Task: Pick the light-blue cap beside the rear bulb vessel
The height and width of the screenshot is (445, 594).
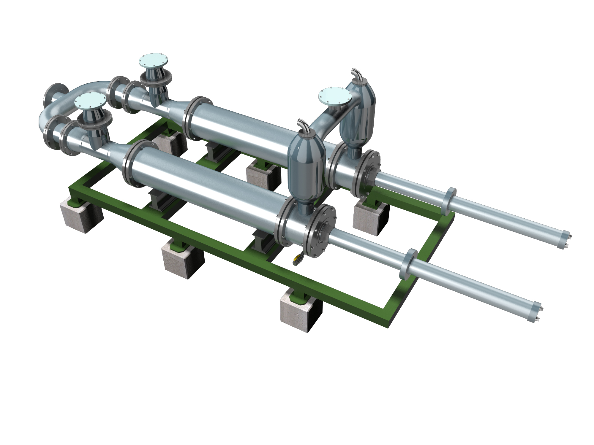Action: [335, 96]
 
